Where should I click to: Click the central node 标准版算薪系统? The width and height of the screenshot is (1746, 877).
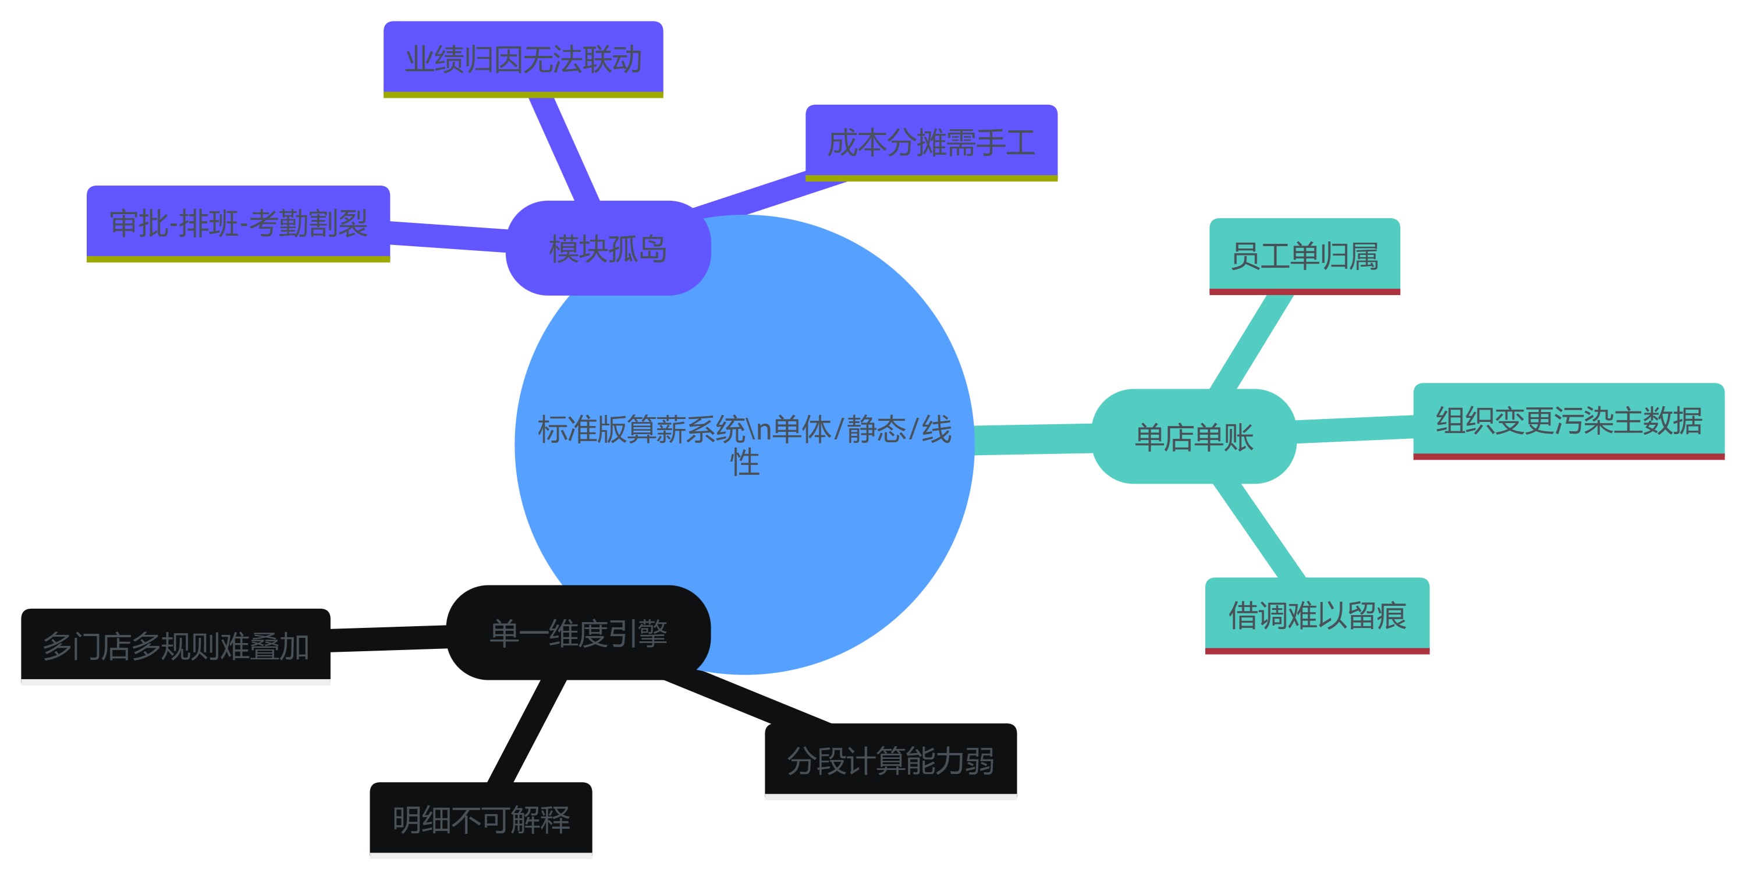[x=744, y=445]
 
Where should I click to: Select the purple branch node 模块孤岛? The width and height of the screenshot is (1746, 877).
[x=608, y=248]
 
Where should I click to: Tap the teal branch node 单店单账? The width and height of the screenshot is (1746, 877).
[x=1194, y=436]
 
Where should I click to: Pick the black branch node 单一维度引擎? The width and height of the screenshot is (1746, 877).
[x=578, y=633]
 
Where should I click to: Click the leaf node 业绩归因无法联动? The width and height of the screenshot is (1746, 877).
[x=523, y=59]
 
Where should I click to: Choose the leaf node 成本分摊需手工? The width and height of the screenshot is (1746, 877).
[x=931, y=143]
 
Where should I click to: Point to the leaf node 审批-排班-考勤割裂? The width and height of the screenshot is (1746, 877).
[x=238, y=223]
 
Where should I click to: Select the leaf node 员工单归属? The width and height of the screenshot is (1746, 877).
[x=1304, y=256]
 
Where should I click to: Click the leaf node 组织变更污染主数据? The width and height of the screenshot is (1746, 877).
[x=1568, y=420]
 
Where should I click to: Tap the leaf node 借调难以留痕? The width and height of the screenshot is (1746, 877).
[x=1317, y=615]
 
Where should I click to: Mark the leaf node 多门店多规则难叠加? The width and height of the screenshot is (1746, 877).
[x=176, y=645]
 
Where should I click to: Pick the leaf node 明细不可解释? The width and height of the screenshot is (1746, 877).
[x=481, y=819]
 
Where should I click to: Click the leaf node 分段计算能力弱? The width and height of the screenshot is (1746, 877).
[x=890, y=761]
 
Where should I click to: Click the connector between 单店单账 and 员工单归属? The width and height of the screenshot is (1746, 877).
[x=1251, y=342]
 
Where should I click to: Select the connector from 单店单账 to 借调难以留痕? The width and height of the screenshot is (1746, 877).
[x=1258, y=530]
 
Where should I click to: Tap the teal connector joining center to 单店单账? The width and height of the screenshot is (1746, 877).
[x=1033, y=439]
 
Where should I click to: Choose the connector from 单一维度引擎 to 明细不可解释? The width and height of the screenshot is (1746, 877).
[x=527, y=730]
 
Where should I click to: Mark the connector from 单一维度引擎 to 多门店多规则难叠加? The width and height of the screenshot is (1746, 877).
[x=388, y=639]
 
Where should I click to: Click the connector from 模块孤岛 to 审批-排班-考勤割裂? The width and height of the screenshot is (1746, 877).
[x=448, y=236]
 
